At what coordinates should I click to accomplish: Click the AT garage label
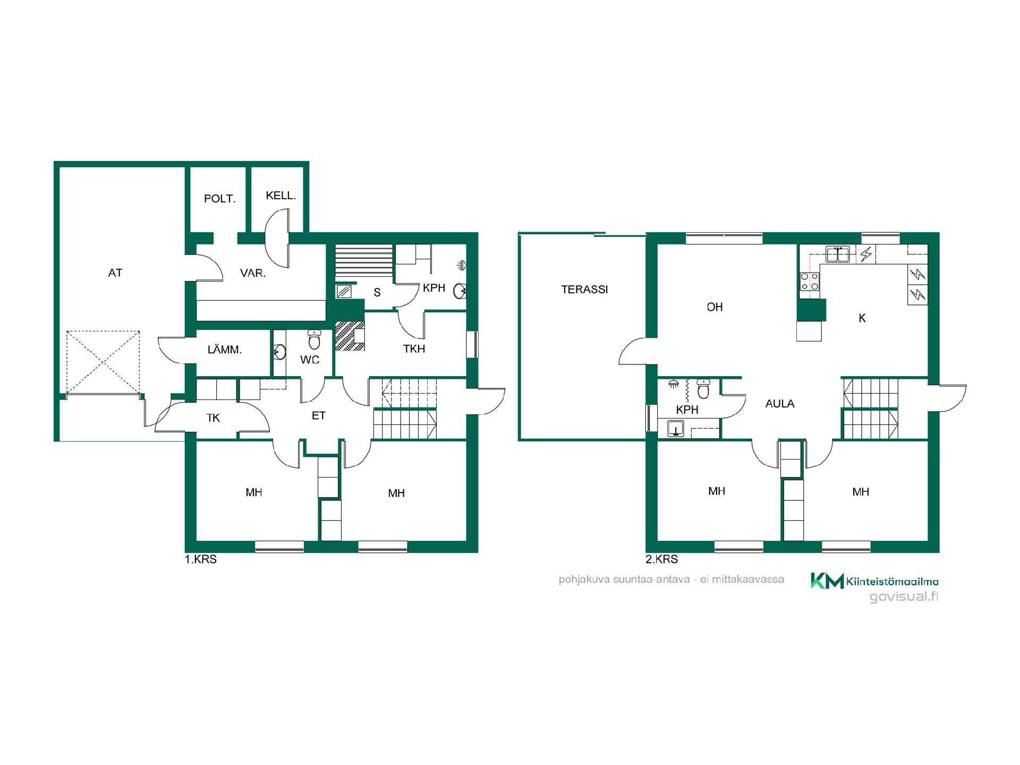coord(115,273)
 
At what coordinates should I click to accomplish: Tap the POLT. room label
coord(219,199)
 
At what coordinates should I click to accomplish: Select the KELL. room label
coord(280,195)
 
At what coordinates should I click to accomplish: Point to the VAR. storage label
coord(253,274)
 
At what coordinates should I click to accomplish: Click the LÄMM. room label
coord(225,350)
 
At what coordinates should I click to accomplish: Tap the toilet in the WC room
coord(314,339)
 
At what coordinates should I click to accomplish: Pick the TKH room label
coord(414,349)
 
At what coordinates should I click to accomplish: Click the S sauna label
coord(377,292)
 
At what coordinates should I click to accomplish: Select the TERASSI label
coord(584,290)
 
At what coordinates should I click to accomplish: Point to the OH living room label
coord(715,307)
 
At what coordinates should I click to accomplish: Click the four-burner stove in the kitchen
coord(810,281)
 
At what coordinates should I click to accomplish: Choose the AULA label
coord(780,404)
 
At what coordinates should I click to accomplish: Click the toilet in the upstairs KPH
coord(703,388)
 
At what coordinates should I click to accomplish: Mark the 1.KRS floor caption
coord(201,559)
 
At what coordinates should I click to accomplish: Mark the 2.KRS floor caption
coord(661,559)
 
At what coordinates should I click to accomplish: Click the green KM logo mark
coord(827,581)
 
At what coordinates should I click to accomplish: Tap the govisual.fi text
coord(904,597)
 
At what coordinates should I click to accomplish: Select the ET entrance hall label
coord(319,416)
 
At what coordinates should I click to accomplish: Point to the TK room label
coord(213,418)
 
